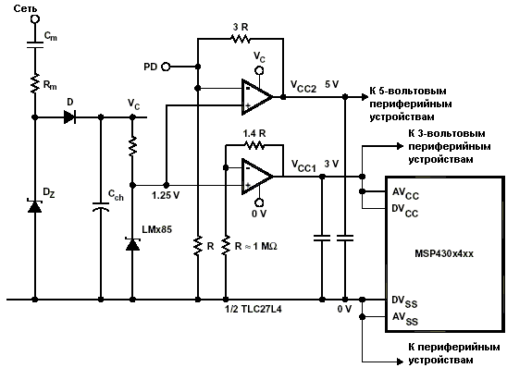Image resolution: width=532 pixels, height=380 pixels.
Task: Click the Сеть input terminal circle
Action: click(x=35, y=19)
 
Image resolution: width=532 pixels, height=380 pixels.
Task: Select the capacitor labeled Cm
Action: click(x=35, y=44)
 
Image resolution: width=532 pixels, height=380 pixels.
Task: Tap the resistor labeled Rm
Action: click(x=35, y=83)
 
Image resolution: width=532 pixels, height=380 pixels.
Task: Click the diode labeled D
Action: click(x=70, y=117)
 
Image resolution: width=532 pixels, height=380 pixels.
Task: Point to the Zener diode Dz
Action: click(x=34, y=206)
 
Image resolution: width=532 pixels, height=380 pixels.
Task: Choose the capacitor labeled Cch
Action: click(x=101, y=207)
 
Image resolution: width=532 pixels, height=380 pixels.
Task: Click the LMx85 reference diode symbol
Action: click(x=132, y=244)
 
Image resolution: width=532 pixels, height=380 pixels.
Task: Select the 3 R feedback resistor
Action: click(x=241, y=39)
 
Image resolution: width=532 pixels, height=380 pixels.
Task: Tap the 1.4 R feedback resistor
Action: click(x=254, y=145)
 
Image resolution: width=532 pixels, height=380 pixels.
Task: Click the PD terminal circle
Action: click(x=166, y=67)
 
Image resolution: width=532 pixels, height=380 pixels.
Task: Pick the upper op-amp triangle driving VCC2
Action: click(x=257, y=97)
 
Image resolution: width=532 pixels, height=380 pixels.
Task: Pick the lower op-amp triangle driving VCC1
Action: click(x=257, y=177)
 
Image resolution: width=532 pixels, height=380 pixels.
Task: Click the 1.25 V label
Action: click(x=166, y=196)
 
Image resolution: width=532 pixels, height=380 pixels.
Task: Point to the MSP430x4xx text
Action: click(x=444, y=253)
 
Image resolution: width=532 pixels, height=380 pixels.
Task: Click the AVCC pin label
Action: click(x=405, y=193)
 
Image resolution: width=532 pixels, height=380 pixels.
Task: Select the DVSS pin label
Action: click(x=404, y=301)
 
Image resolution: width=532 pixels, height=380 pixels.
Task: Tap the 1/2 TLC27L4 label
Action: click(x=254, y=309)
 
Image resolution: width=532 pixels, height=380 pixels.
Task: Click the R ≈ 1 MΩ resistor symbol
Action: click(x=225, y=246)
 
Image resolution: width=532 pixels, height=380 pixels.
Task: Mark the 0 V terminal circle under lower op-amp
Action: click(x=259, y=202)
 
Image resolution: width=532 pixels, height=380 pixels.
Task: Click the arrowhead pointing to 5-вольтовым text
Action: click(x=365, y=97)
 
